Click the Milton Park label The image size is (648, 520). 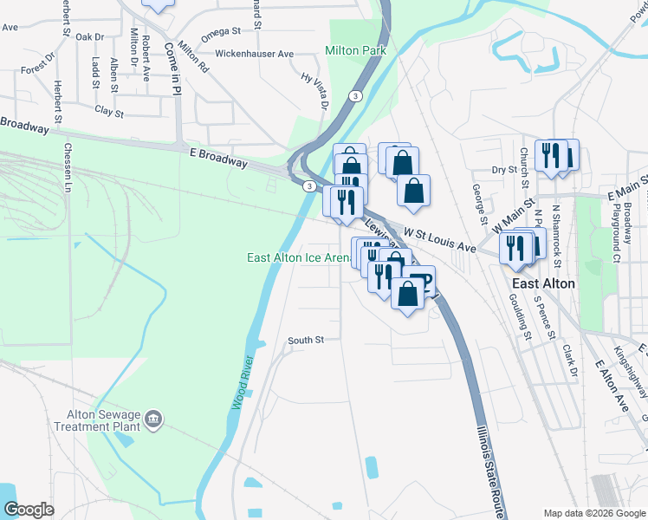[355, 51]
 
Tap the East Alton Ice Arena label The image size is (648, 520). [299, 258]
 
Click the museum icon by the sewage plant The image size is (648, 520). [154, 420]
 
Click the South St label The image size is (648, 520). [306, 341]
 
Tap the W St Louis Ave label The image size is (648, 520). [441, 240]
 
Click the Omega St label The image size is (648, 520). [220, 31]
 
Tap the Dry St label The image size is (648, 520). [498, 170]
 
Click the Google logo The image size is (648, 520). [29, 510]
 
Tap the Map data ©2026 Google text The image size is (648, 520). [593, 513]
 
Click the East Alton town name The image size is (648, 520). [544, 283]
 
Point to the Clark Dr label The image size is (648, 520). [569, 361]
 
